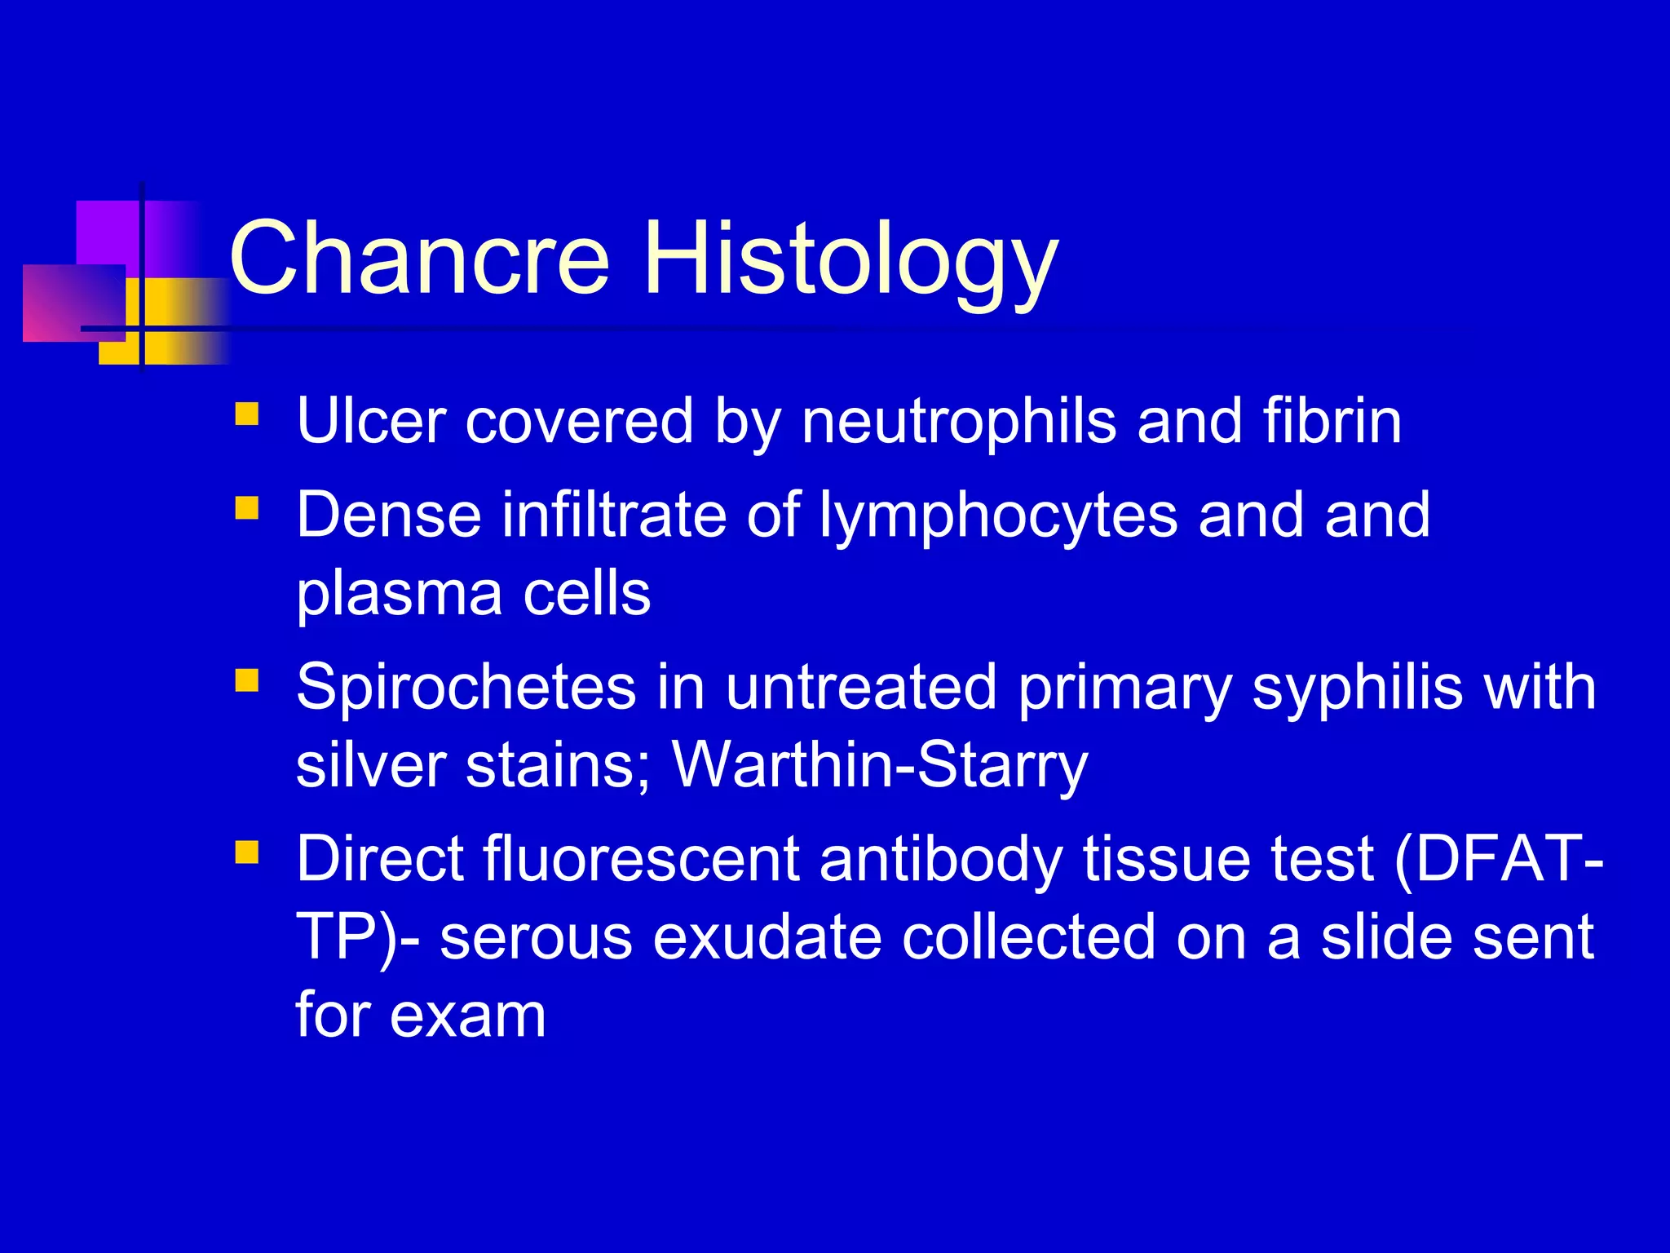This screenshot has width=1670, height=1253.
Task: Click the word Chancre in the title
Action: click(419, 259)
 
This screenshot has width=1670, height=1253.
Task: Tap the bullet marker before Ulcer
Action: click(246, 414)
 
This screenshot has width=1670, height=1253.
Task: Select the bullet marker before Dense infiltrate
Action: click(246, 509)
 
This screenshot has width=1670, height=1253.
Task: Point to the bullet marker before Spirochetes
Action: click(246, 680)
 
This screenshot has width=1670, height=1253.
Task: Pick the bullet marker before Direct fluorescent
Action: click(246, 852)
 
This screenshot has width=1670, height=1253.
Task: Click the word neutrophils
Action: click(959, 421)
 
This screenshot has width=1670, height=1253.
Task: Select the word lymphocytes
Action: click(998, 516)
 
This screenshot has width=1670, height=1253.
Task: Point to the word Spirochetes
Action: click(466, 687)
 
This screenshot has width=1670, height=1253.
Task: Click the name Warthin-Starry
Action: click(879, 765)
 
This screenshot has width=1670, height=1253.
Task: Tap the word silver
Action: click(370, 765)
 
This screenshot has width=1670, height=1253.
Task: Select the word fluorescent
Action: click(641, 859)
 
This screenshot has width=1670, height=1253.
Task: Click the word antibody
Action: click(940, 859)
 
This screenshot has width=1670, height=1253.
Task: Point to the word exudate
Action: click(767, 937)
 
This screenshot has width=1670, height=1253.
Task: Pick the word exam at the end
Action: click(467, 1016)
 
